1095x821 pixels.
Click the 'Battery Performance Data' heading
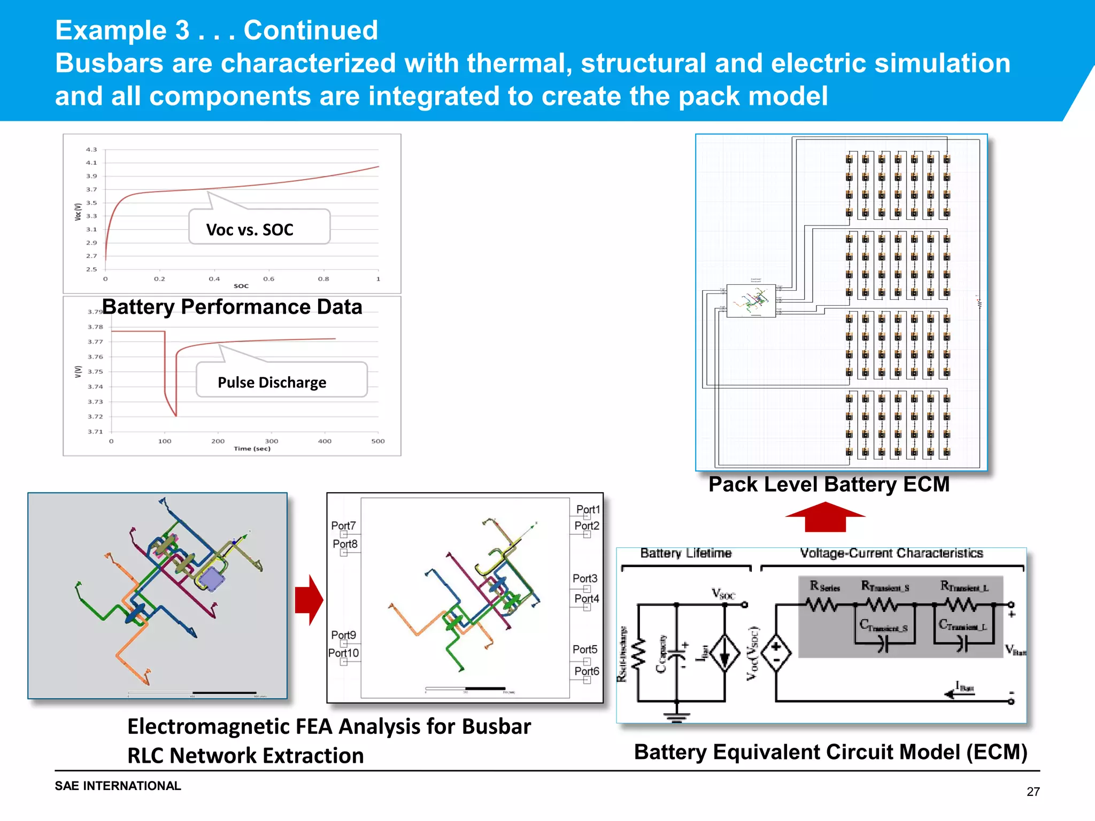tap(232, 307)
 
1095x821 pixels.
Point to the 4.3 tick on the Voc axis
tap(91, 150)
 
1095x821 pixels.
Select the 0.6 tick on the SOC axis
tap(268, 279)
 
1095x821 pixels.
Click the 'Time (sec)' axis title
tap(252, 449)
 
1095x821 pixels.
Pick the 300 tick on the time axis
tap(272, 442)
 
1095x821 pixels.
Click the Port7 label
tap(343, 525)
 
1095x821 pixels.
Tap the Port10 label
tap(343, 653)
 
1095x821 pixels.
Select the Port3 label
tap(584, 578)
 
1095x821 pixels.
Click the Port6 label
tap(587, 671)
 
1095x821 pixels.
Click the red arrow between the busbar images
tap(309, 600)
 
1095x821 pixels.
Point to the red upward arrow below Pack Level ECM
tap(825, 517)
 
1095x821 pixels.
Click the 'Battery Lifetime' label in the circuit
tap(685, 553)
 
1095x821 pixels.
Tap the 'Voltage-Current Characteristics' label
tap(891, 553)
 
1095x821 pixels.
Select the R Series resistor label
tap(824, 587)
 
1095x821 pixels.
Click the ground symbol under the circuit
tap(676, 717)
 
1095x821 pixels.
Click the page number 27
tap(1033, 792)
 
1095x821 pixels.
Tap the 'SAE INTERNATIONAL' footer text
tap(118, 786)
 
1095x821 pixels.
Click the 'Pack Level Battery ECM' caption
tap(829, 484)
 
